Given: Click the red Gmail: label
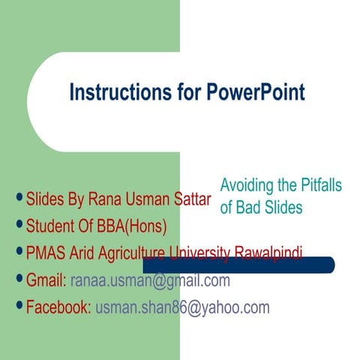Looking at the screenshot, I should tap(46, 281).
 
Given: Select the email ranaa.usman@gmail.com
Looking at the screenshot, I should tap(150, 281).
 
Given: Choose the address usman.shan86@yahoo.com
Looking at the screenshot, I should tap(182, 307).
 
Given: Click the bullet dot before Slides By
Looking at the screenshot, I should tap(19, 199).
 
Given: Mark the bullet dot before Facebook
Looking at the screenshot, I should tap(19, 306).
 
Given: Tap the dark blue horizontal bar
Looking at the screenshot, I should tap(247, 265).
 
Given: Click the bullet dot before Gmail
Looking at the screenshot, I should tap(19, 280).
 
